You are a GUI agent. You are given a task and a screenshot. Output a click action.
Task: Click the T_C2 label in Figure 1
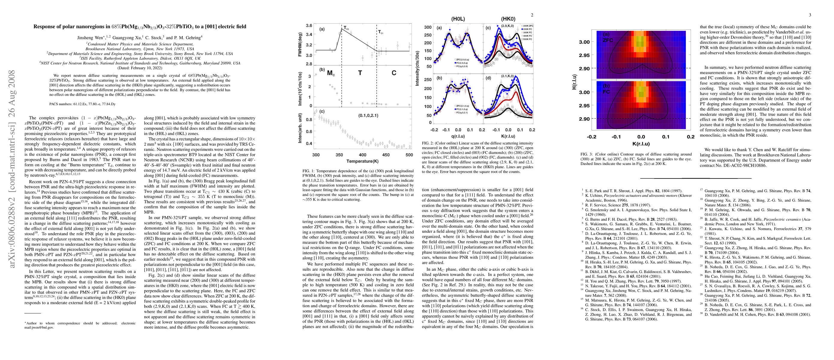click(346, 28)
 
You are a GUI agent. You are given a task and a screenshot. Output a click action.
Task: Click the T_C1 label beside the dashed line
click(381, 32)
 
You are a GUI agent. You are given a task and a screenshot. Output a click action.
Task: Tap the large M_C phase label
click(330, 73)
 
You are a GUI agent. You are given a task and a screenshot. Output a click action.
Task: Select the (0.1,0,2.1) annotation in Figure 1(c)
click(368, 115)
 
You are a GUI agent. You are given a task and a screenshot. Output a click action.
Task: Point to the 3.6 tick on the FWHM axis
click(309, 25)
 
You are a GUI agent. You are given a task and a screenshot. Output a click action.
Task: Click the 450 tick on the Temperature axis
click(386, 155)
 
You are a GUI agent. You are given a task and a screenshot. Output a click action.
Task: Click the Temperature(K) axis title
click(363, 161)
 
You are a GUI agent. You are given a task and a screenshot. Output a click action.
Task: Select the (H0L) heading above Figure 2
click(458, 19)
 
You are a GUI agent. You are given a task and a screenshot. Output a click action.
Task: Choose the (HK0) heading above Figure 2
click(508, 19)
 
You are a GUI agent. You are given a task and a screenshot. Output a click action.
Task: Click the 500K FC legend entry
click(528, 40)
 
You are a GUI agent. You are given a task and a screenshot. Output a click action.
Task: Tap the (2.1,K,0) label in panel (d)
click(508, 76)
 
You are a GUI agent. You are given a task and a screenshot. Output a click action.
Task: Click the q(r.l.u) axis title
click(458, 136)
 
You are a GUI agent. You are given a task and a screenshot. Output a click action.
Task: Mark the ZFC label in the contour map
click(608, 40)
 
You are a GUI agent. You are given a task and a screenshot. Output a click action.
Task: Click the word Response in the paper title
click(45, 26)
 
